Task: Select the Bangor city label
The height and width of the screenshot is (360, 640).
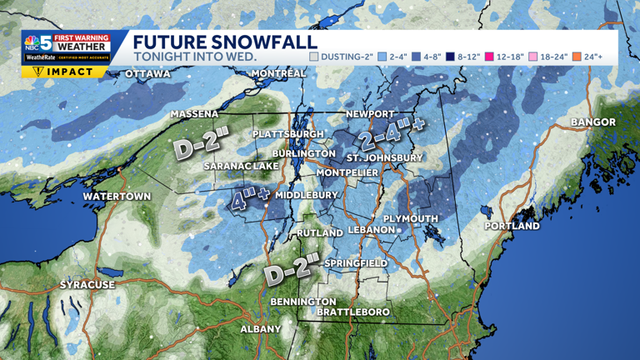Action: tap(593, 122)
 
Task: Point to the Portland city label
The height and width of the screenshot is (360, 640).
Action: tap(512, 226)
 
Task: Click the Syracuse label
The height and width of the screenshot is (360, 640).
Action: tap(87, 285)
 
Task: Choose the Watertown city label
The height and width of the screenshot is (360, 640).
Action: tap(117, 197)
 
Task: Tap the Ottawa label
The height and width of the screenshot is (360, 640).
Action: tap(147, 74)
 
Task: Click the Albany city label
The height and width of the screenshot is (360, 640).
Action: tap(261, 329)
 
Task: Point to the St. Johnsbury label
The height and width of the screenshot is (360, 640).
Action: tap(384, 157)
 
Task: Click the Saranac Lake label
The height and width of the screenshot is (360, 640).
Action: tap(242, 167)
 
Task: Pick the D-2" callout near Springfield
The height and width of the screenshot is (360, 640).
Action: tap(292, 269)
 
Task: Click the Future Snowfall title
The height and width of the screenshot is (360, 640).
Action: tap(225, 42)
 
